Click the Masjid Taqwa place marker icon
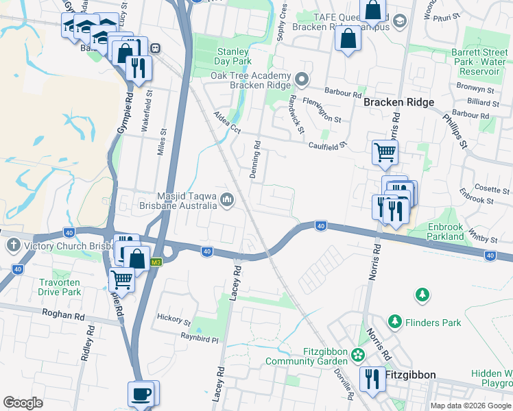[227, 199]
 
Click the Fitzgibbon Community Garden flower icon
[358, 355]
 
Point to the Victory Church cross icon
[14, 245]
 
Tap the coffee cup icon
[141, 394]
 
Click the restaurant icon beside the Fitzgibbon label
[372, 378]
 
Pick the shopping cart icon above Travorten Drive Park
[121, 279]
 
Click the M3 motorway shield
[157, 262]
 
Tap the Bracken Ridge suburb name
[398, 102]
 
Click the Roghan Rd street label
[62, 317]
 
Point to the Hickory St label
[174, 319]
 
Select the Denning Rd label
[255, 160]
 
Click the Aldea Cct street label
[226, 123]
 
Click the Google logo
[23, 403]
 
